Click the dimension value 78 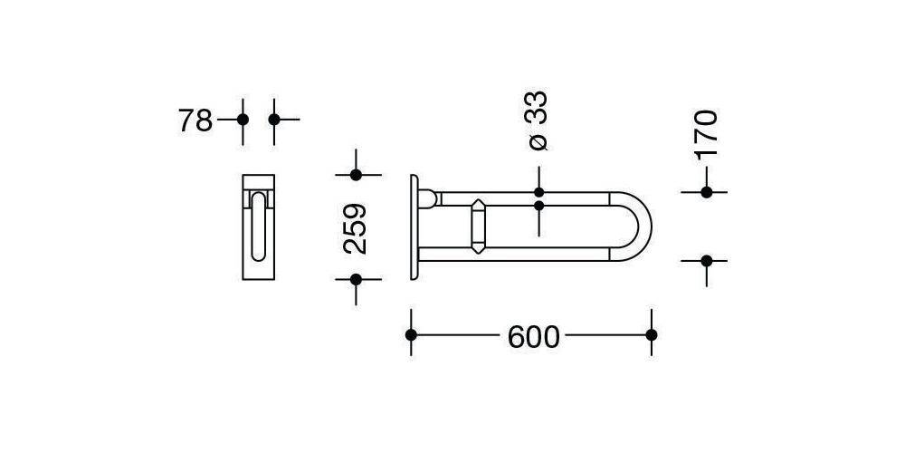click(195, 120)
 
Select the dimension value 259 click(356, 226)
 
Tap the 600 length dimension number click(534, 337)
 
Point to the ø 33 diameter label click(538, 120)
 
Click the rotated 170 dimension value click(706, 133)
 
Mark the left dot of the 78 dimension click(242, 119)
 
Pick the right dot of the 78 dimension click(274, 119)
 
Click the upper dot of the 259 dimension click(356, 175)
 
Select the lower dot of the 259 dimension click(356, 280)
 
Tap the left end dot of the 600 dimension click(412, 335)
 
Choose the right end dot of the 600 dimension click(651, 335)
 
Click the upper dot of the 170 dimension click(707, 192)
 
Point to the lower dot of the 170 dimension click(707, 261)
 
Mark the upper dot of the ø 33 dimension click(539, 192)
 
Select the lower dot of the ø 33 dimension click(539, 206)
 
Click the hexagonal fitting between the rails click(479, 226)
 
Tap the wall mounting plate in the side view click(414, 226)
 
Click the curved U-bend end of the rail click(642, 226)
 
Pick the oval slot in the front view click(259, 226)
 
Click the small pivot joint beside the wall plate click(428, 198)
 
